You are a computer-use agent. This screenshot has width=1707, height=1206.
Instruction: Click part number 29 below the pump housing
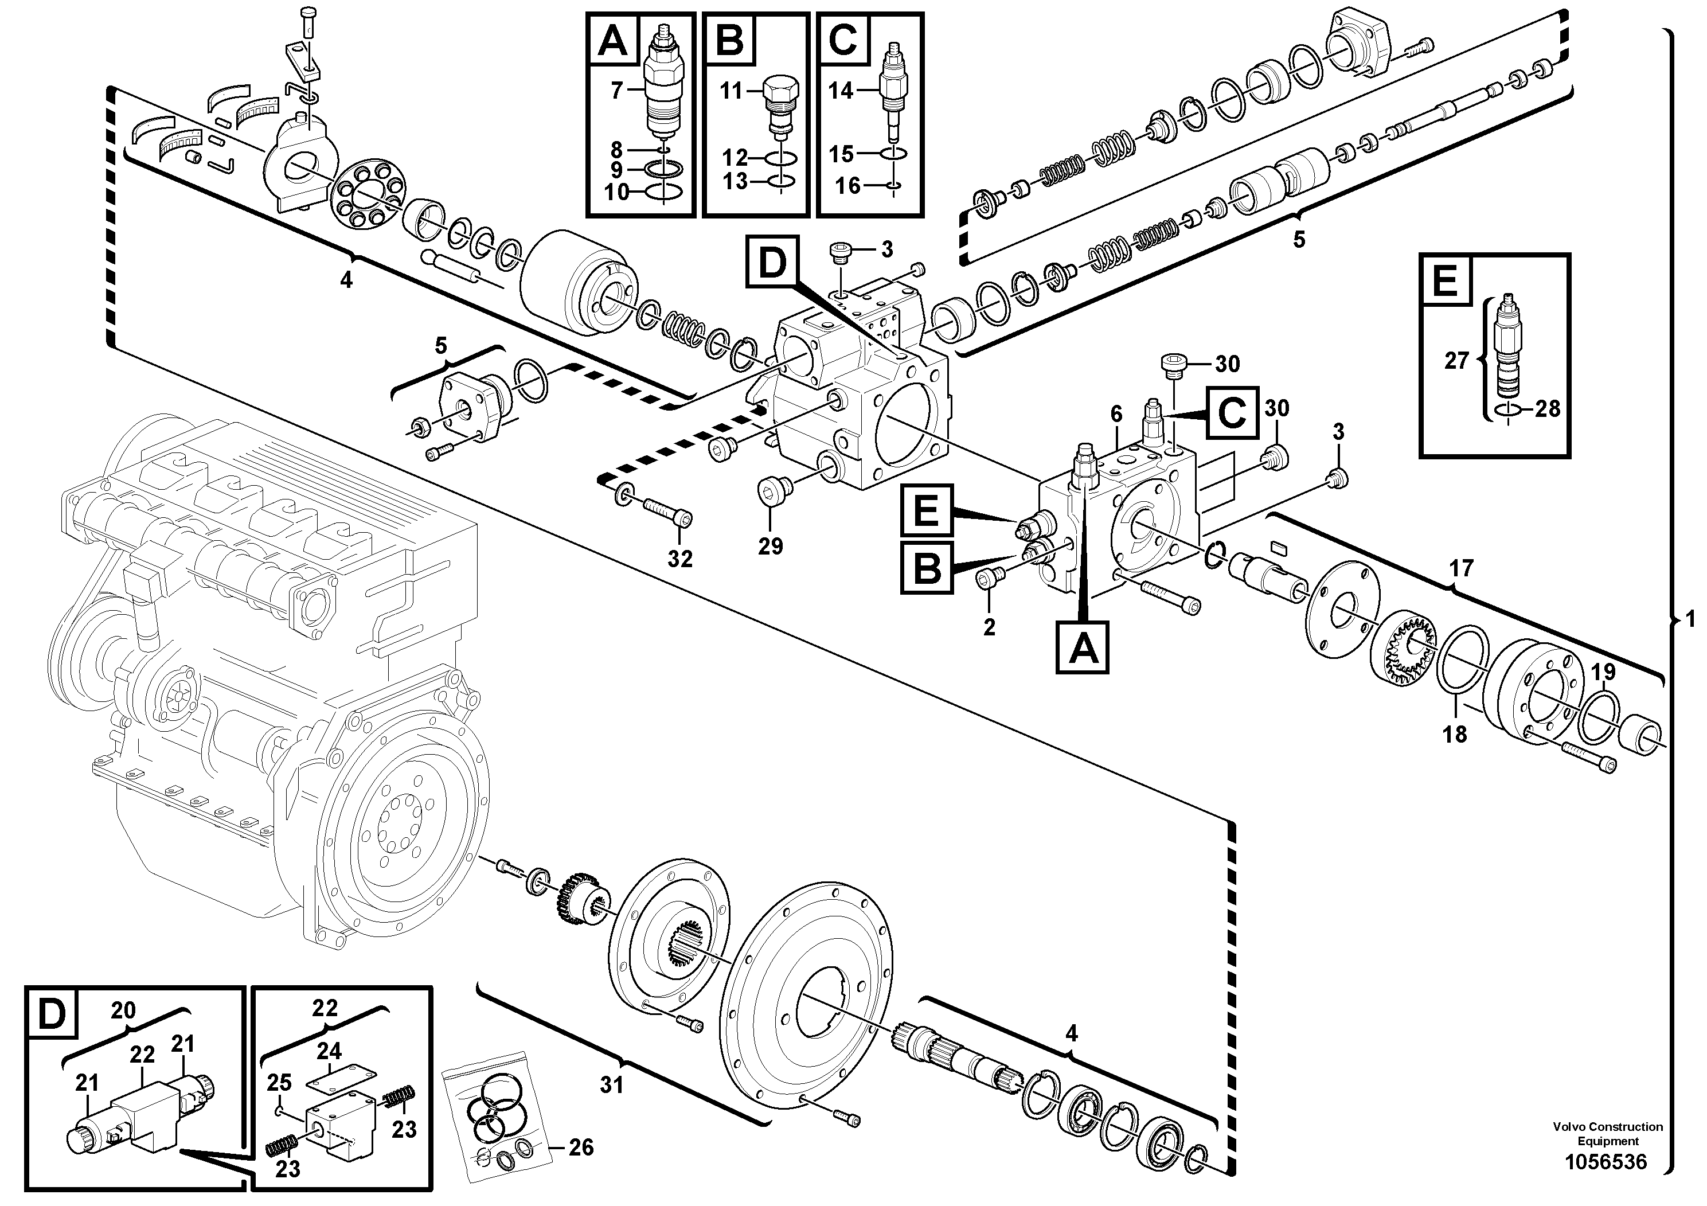(x=770, y=547)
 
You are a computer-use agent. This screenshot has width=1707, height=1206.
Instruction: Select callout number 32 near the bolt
(x=679, y=559)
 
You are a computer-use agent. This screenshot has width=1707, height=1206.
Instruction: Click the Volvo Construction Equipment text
(x=1607, y=1134)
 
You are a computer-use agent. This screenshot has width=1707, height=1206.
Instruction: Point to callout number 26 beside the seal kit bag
(x=581, y=1148)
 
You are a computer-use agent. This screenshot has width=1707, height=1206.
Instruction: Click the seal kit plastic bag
(x=497, y=1115)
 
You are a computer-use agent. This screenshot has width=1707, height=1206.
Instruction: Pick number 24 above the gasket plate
(x=329, y=1051)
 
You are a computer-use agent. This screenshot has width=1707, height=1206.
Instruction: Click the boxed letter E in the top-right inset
(x=1446, y=282)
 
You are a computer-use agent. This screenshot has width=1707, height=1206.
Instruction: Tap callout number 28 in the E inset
(x=1547, y=408)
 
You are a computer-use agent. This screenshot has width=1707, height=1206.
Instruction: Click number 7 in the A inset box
(x=616, y=91)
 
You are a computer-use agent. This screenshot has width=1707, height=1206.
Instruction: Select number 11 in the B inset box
(x=731, y=91)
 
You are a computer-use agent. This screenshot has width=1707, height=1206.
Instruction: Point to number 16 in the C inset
(x=847, y=185)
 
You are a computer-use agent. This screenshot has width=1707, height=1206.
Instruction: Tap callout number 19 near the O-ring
(x=1602, y=672)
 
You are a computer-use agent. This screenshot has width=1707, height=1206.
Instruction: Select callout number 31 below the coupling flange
(x=611, y=1086)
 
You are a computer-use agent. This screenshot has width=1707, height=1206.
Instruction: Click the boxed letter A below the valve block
(x=1083, y=650)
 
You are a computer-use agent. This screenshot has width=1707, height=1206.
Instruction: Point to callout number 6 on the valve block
(x=1116, y=415)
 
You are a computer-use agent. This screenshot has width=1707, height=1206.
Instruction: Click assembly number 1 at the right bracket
(x=1690, y=619)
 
